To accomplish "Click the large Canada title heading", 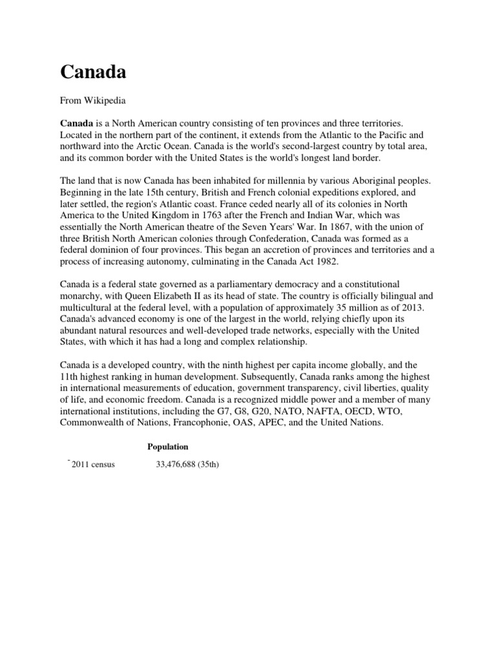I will (x=93, y=72).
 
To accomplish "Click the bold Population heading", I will (x=167, y=447).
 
